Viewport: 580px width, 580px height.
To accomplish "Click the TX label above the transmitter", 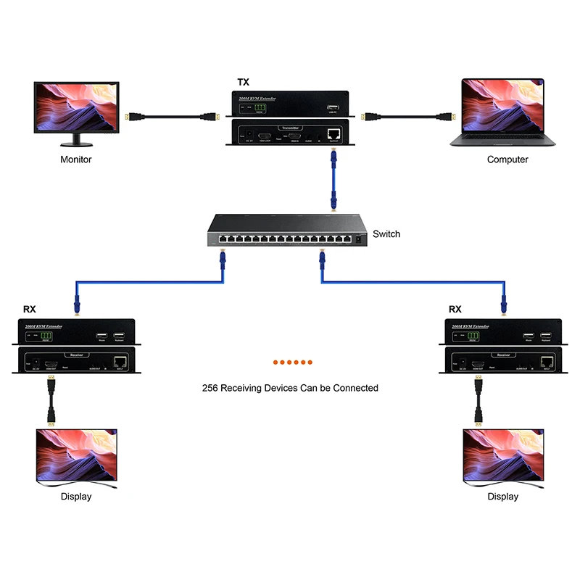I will point(244,83).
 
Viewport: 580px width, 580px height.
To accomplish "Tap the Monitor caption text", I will point(76,159).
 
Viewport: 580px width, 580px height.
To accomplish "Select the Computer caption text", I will point(507,159).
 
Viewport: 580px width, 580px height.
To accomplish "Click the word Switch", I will point(386,234).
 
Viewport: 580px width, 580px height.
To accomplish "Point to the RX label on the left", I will point(30,309).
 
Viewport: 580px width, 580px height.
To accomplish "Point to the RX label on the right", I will point(455,309).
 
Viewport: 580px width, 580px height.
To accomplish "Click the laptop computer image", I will point(502,112).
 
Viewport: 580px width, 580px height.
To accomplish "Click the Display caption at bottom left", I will point(76,497).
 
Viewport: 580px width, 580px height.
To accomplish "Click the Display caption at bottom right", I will point(503,497).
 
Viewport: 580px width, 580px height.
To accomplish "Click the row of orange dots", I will point(292,362).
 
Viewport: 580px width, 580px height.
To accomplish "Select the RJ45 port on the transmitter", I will point(333,134).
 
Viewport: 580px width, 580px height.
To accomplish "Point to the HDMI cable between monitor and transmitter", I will point(170,116).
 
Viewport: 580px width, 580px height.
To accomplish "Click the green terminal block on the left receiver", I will point(48,336).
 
